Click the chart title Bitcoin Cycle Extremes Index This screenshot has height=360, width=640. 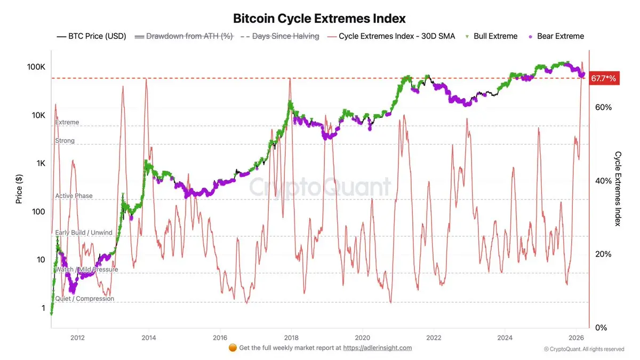point(319,19)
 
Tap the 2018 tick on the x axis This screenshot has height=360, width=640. point(291,337)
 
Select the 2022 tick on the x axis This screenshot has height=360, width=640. point(434,337)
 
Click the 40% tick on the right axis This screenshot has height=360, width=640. point(603,181)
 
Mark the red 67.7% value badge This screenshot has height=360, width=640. point(603,79)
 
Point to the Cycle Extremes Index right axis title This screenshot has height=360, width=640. point(618,188)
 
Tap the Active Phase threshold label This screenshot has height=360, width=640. point(74,196)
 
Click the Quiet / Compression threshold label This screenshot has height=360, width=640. point(85,299)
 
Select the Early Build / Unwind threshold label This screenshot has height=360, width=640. point(84,233)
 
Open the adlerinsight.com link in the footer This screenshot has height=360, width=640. point(378,348)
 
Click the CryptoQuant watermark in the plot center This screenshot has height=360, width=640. point(321,188)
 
